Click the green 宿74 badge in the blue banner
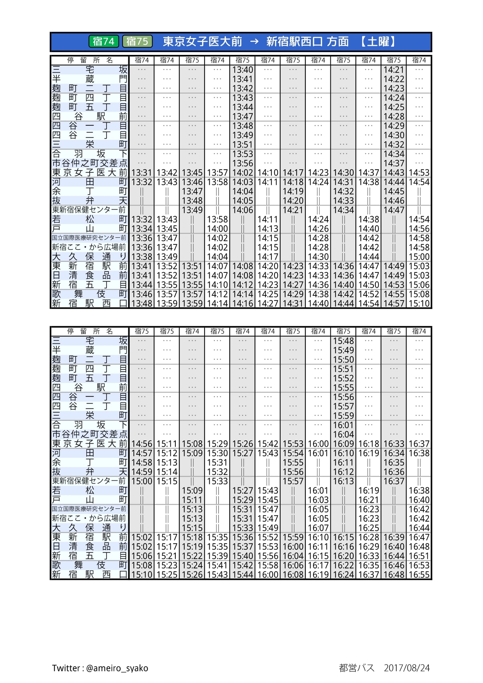point(104,42)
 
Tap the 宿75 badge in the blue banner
point(137,42)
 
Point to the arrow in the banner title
point(254,42)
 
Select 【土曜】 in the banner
point(379,42)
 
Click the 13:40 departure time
point(242,70)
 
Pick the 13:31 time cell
point(142,173)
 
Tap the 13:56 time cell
point(242,164)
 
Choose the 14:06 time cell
point(242,210)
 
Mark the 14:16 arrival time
point(242,304)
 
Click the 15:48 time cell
point(343,341)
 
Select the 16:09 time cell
point(343,444)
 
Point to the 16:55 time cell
point(419,575)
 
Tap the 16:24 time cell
point(343,575)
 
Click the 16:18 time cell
point(369,444)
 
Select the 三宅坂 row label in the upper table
point(89,70)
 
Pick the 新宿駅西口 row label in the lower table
point(89,575)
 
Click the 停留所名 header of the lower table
point(89,331)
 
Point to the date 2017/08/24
point(407,668)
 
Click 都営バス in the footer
point(356,668)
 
